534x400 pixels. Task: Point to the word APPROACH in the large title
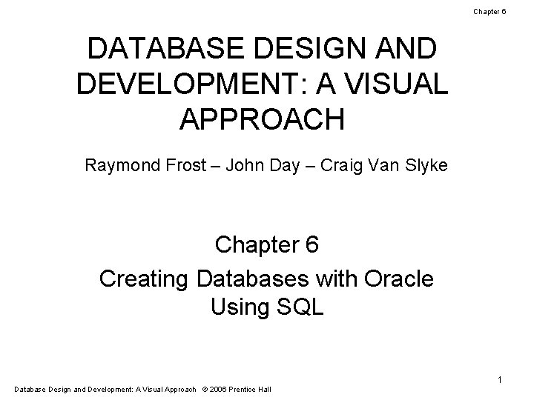(262, 119)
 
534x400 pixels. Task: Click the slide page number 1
(500, 380)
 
